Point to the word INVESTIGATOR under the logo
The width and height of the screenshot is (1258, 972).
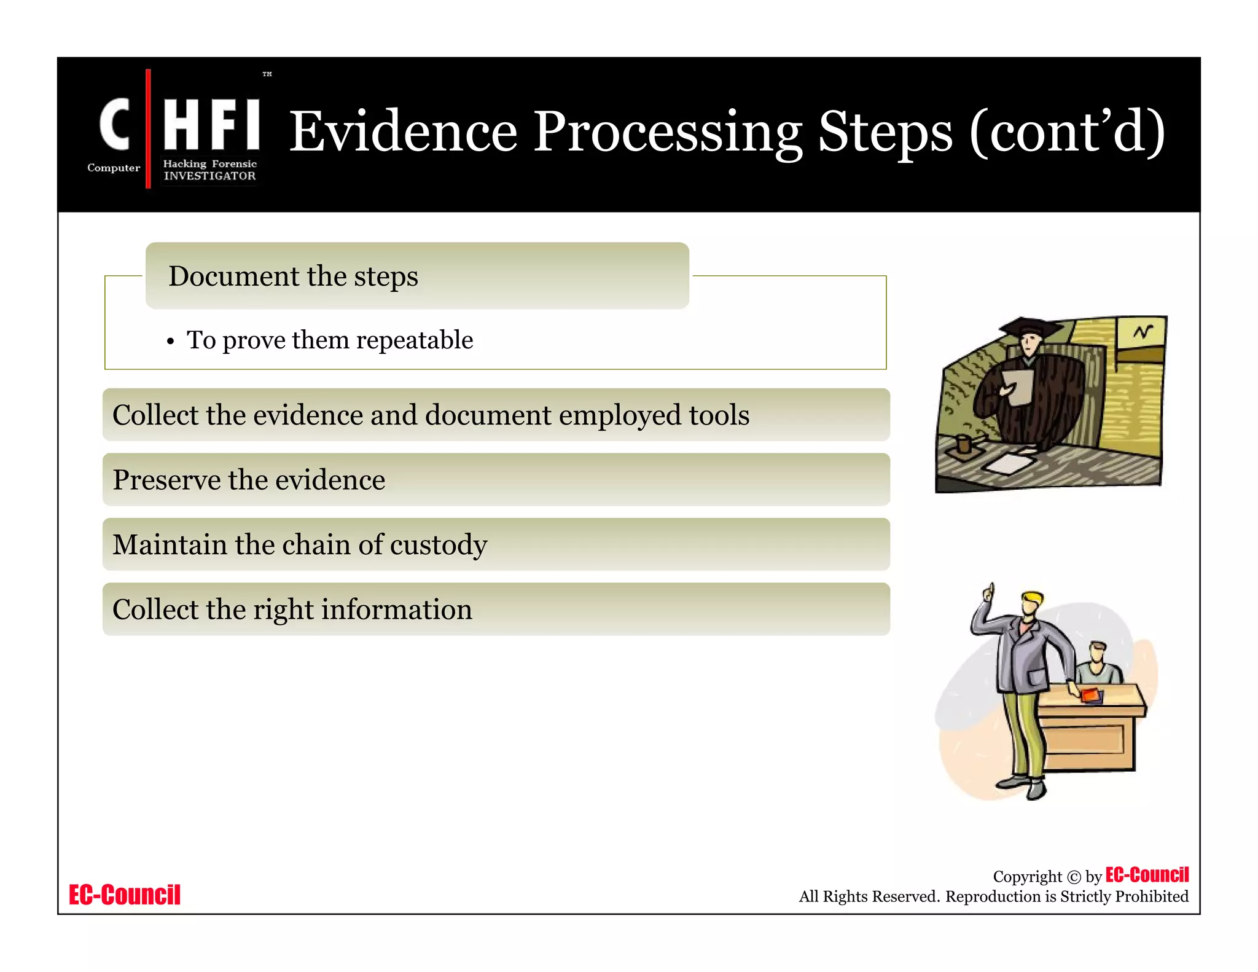point(209,176)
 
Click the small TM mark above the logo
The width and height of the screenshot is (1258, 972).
point(267,74)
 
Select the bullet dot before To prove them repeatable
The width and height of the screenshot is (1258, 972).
point(171,342)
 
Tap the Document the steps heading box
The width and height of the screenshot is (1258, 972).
point(417,276)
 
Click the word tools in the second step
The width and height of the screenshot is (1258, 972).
point(719,415)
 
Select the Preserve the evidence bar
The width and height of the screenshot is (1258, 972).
point(496,480)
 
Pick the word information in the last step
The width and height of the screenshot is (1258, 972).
point(396,609)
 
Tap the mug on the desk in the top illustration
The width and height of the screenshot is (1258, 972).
point(964,442)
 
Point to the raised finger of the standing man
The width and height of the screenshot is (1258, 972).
point(988,592)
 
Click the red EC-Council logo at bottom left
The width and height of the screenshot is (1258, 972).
point(125,895)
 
